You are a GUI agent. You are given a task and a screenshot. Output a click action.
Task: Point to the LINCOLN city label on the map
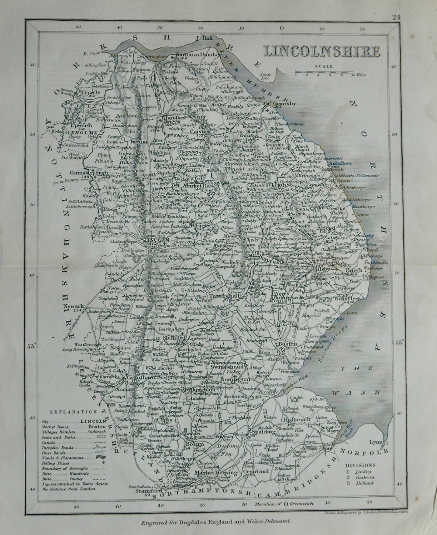pyautogui.click(x=155, y=241)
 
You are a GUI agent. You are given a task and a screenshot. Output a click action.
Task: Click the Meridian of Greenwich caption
pyautogui.click(x=278, y=504)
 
